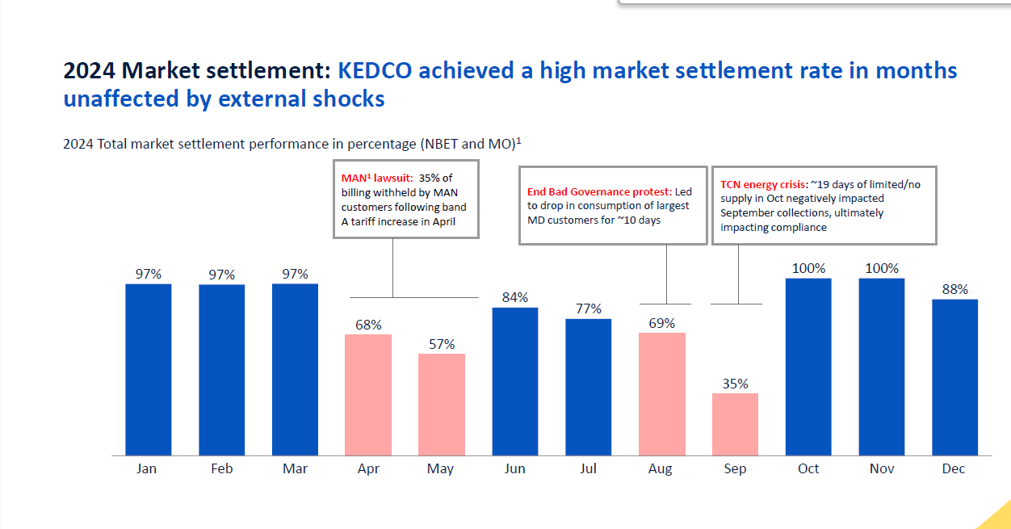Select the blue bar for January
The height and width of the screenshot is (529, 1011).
pyautogui.click(x=149, y=370)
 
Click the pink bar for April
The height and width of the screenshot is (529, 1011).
pyautogui.click(x=368, y=395)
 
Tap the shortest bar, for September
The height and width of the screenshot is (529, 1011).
pyautogui.click(x=735, y=424)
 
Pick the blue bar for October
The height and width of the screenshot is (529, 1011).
pyautogui.click(x=808, y=367)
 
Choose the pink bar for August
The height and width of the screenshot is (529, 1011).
pyautogui.click(x=661, y=394)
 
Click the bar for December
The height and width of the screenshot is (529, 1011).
pyautogui.click(x=954, y=377)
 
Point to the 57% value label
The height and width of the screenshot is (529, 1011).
pyautogui.click(x=442, y=344)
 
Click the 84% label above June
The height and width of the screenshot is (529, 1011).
pyautogui.click(x=515, y=297)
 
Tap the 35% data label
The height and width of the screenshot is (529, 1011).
pyautogui.click(x=735, y=384)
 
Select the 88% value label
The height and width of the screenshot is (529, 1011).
pyautogui.click(x=955, y=289)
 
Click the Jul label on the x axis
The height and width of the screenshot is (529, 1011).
pyautogui.click(x=588, y=469)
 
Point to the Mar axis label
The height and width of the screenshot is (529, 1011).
pyautogui.click(x=295, y=469)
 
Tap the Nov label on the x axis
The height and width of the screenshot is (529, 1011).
pyautogui.click(x=882, y=469)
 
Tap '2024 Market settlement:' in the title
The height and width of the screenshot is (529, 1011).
pyautogui.click(x=197, y=71)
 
